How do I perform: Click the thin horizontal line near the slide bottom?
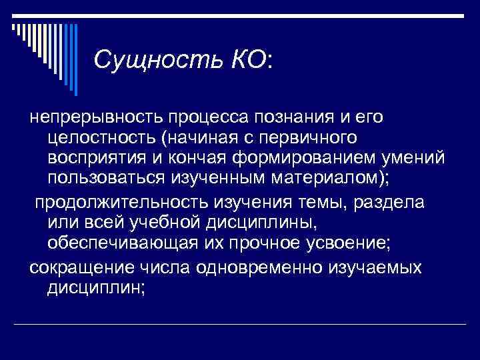[240, 324]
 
